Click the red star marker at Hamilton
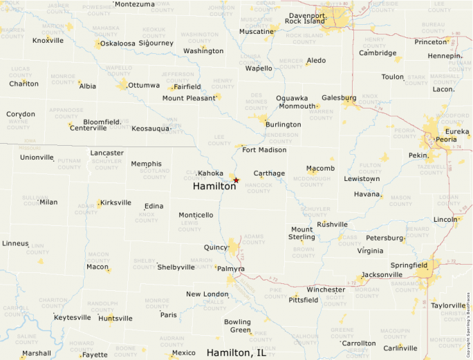tap(236, 180)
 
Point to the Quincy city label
tap(216, 247)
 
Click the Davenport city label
tap(307, 15)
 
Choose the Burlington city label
tap(284, 125)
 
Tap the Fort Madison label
tap(264, 150)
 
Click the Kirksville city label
tap(115, 202)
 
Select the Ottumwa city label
tap(144, 85)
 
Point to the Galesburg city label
tap(339, 98)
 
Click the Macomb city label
tap(321, 169)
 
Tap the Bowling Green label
tap(237, 326)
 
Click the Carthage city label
tap(269, 173)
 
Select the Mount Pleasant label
tap(189, 98)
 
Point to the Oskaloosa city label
tap(118, 44)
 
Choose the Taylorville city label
tap(449, 305)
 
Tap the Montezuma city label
tap(135, 4)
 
